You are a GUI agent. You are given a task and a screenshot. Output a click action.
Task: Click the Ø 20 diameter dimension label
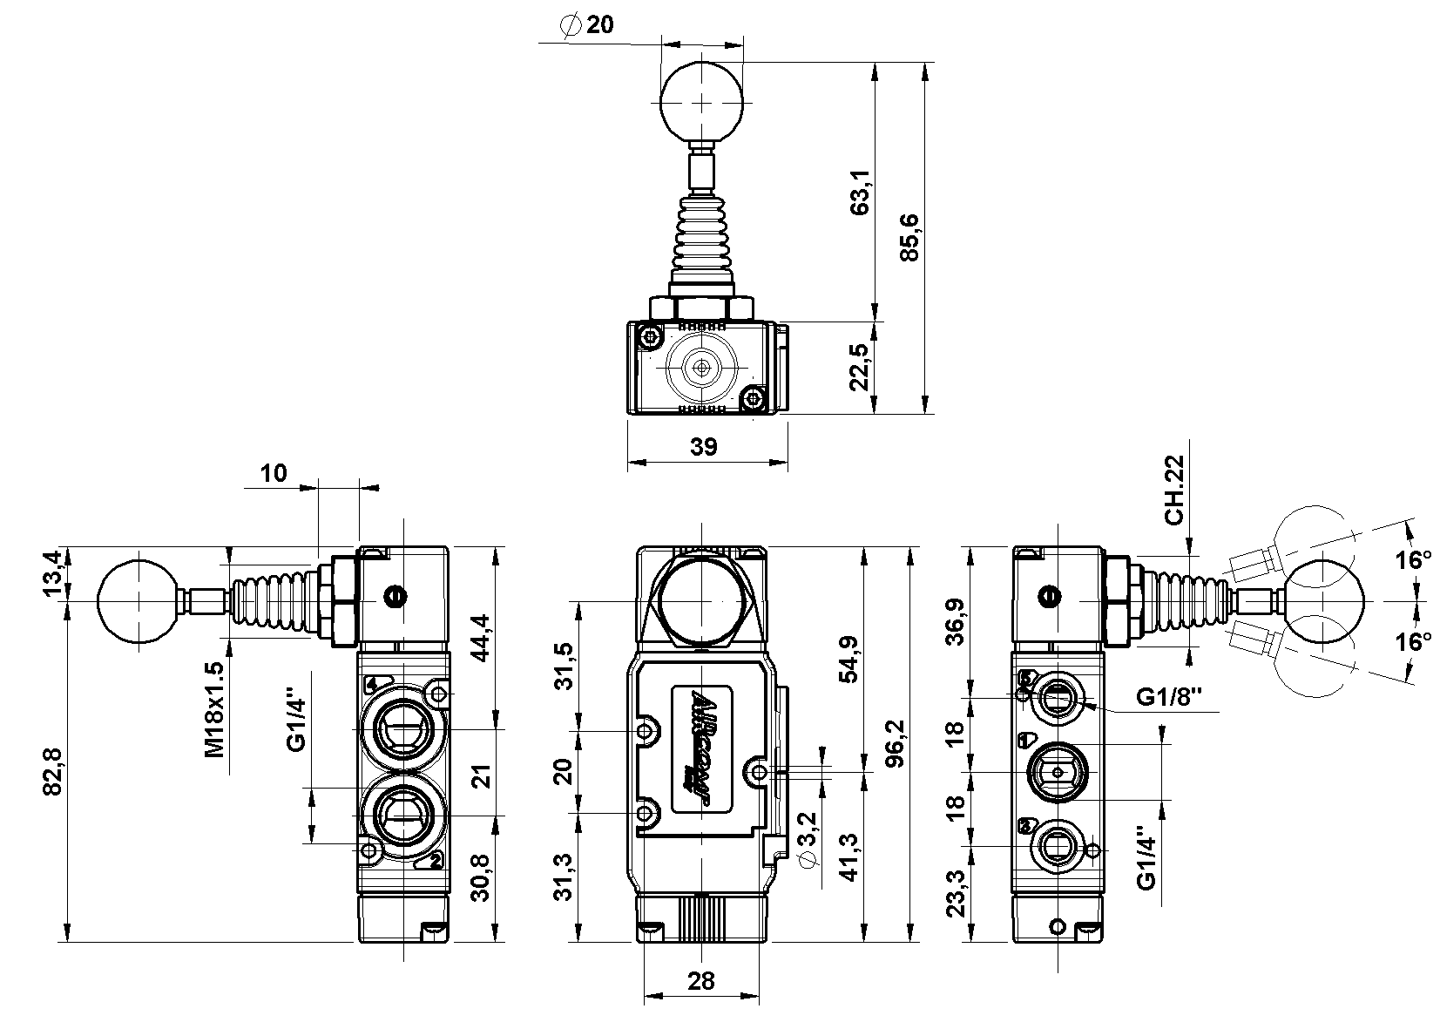588,25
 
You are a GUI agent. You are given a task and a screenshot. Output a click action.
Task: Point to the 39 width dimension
703,447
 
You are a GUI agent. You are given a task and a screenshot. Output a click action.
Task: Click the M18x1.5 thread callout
214,708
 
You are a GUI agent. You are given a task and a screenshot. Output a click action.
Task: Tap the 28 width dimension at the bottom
700,981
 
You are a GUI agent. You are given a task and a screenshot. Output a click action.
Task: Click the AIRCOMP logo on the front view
700,752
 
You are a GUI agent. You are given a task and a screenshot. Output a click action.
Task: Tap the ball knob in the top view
702,101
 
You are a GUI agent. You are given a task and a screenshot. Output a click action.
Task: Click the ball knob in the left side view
139,601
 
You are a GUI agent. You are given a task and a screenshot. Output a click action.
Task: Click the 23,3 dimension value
956,894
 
